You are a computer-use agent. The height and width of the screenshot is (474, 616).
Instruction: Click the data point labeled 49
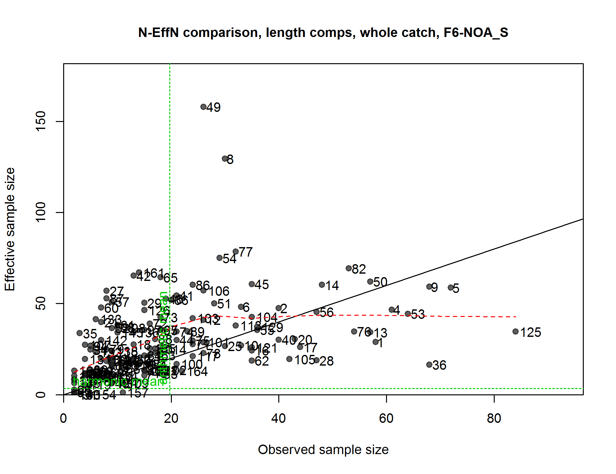tap(203, 107)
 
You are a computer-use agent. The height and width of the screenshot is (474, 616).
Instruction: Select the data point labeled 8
tap(225, 159)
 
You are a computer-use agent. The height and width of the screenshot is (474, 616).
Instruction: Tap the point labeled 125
tap(516, 331)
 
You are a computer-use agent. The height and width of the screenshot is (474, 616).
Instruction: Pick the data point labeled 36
tap(429, 365)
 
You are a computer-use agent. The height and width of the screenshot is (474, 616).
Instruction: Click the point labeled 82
tap(349, 268)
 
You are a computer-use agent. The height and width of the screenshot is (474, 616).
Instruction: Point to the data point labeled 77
tap(236, 252)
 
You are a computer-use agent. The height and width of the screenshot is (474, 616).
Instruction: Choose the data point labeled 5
tap(451, 288)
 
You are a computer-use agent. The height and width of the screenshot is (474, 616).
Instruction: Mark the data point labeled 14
tap(322, 285)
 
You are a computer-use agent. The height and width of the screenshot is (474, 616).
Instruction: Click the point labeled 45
tap(252, 284)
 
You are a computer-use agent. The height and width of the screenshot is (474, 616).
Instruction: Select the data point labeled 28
tap(317, 360)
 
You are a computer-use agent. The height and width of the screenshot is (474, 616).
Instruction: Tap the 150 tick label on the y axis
tap(41, 121)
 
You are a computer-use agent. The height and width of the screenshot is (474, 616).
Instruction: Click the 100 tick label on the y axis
tap(41, 212)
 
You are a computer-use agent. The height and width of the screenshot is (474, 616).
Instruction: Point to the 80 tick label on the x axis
tap(494, 418)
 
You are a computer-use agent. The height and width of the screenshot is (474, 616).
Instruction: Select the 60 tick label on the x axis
tap(386, 418)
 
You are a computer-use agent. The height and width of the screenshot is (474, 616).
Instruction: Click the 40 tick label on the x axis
tap(279, 418)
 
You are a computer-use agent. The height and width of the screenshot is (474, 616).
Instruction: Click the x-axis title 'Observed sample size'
tap(323, 450)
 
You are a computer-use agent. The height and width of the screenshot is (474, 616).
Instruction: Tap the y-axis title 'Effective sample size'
tap(10, 229)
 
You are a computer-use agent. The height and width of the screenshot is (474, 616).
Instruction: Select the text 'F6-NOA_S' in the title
tap(476, 33)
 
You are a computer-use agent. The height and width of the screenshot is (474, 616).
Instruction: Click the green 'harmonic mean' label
tap(118, 381)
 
